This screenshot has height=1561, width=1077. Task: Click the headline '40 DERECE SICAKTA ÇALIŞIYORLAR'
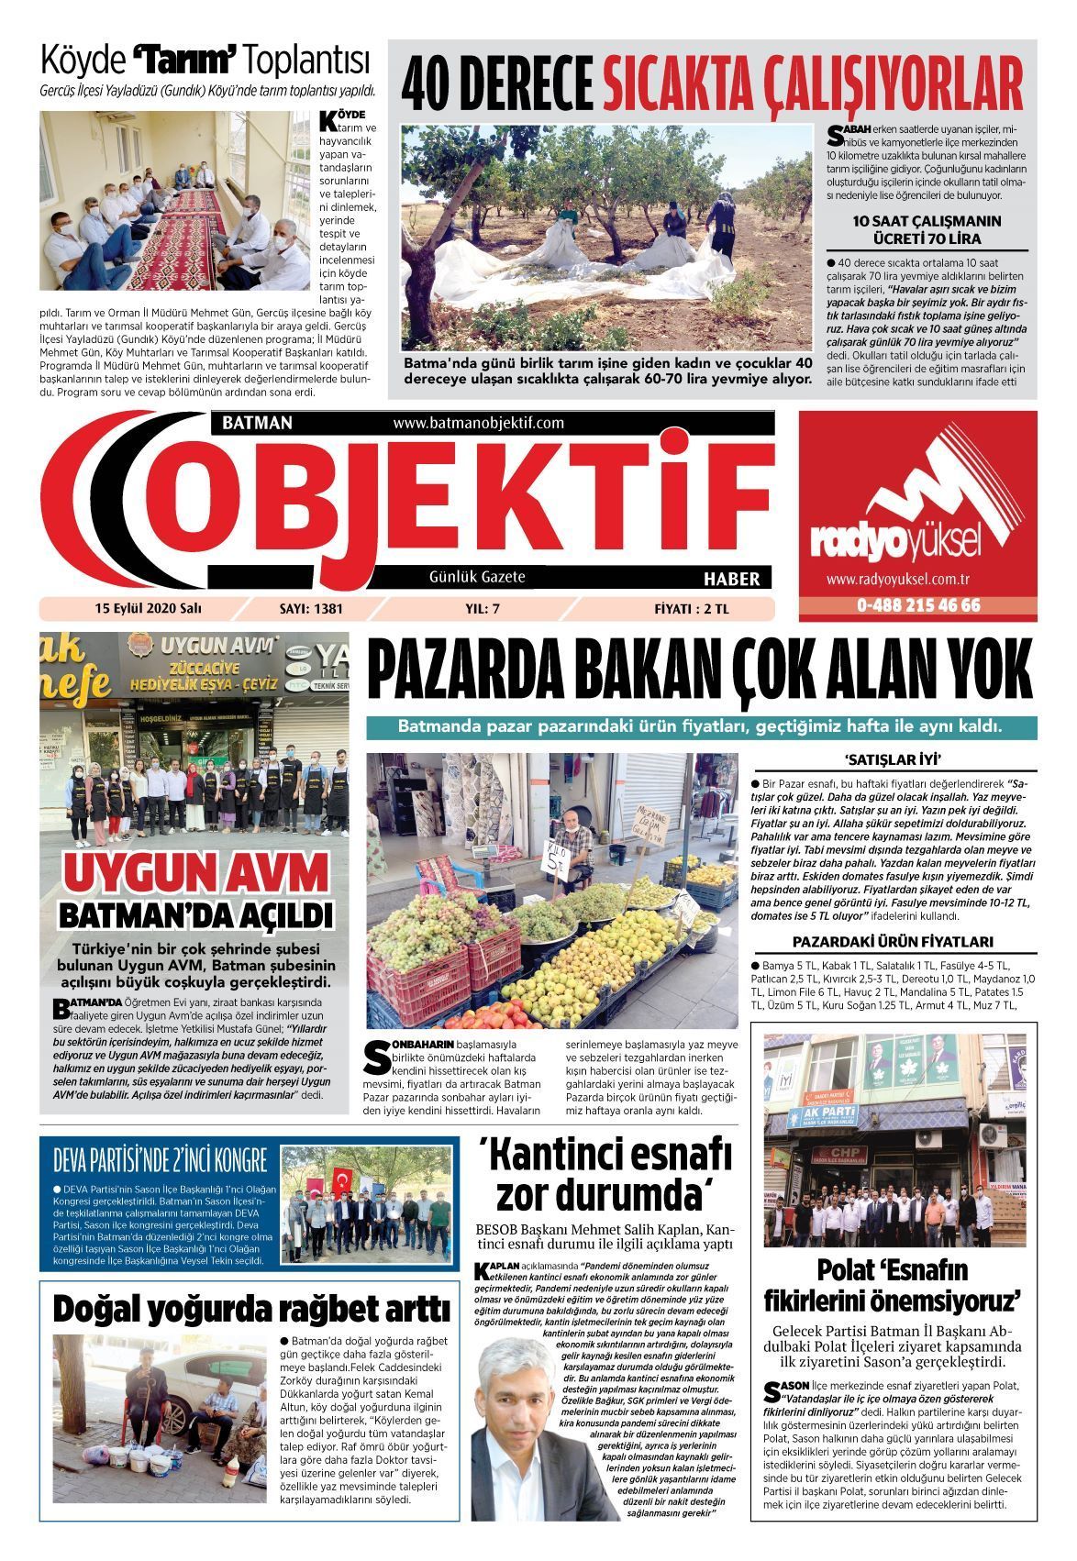[712, 83]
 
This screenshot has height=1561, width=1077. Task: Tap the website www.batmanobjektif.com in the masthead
[478, 423]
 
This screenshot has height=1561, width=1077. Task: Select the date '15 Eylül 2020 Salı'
[148, 608]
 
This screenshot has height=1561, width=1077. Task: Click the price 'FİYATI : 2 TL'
[693, 608]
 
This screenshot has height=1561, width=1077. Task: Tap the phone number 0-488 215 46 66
[918, 605]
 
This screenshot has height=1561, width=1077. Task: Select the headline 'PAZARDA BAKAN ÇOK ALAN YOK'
[699, 671]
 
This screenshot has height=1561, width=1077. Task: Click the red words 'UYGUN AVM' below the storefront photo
[196, 873]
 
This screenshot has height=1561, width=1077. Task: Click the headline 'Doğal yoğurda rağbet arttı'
[250, 1308]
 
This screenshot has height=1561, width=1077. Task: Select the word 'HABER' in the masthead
[731, 579]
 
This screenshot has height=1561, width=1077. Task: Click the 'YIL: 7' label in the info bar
[482, 608]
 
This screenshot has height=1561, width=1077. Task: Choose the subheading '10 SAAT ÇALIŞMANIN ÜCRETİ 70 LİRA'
[927, 229]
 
